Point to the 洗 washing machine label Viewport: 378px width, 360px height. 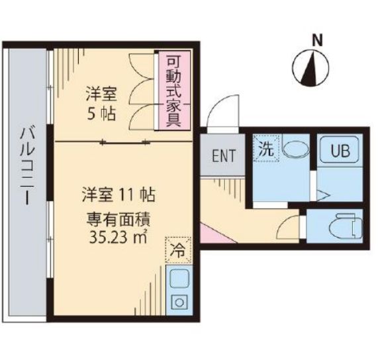(265, 149)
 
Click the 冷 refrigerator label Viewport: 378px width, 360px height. (177, 251)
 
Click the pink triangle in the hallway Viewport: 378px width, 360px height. (206, 233)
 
